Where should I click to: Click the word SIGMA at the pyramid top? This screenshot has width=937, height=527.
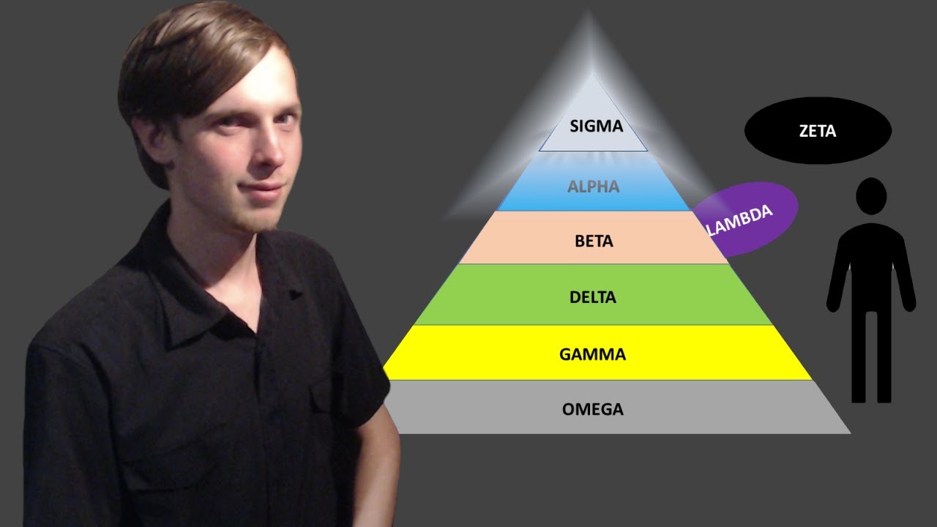(596, 126)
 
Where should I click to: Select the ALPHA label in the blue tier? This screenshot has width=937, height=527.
(593, 187)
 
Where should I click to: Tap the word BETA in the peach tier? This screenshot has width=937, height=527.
(594, 241)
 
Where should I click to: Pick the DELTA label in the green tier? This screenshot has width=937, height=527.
(593, 298)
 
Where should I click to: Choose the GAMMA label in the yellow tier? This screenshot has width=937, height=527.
(593, 355)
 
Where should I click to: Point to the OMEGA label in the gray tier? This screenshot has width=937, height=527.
(593, 409)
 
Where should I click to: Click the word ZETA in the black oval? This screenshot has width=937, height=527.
(818, 132)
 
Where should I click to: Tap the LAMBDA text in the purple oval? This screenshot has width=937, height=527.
(740, 220)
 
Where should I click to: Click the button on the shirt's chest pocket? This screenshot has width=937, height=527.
(295, 294)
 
